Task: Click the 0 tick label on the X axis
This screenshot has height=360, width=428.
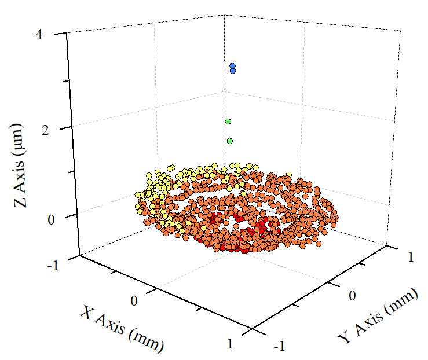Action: click(134, 301)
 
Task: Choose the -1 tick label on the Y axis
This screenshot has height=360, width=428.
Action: click(279, 346)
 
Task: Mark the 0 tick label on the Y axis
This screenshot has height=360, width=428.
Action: click(351, 296)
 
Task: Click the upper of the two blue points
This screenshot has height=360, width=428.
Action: click(232, 66)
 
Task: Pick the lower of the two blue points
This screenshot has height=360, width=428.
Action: click(233, 71)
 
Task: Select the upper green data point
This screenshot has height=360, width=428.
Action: click(228, 122)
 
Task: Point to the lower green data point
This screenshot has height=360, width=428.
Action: click(230, 141)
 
